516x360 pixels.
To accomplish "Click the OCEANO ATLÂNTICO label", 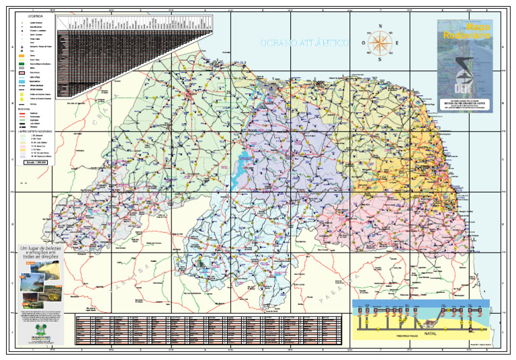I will click(x=304, y=43).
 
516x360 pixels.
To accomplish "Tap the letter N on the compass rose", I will click(x=381, y=28).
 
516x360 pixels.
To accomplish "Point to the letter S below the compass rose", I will click(x=380, y=59).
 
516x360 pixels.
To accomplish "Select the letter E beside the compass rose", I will click(x=396, y=44).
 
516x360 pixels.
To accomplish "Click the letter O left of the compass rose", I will click(x=363, y=44).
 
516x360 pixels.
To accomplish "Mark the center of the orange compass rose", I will click(x=380, y=43).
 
